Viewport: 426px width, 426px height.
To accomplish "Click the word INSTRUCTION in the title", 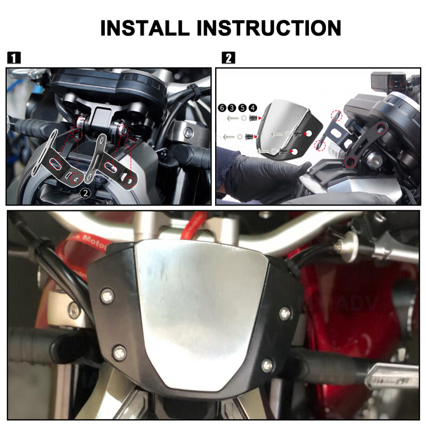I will coord(270,27).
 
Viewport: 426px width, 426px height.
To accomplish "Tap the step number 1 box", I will coord(14,58).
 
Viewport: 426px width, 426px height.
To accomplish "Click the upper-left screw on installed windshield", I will coord(107,294).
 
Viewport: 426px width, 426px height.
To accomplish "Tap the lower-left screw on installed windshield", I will coord(120,352).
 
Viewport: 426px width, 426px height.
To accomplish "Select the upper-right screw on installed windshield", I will coord(285,313).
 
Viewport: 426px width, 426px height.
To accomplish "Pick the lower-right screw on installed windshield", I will coord(268,365).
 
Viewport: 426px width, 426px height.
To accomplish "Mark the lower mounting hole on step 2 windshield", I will coord(293,152).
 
